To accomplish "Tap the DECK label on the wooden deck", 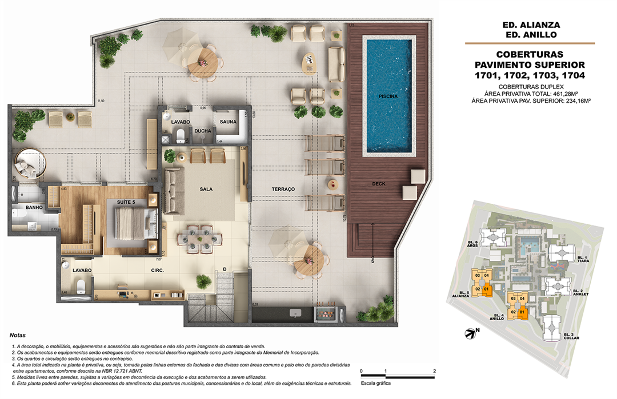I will coord(379,184).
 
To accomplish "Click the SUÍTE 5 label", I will coord(126,202).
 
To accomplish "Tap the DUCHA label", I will coord(202,131).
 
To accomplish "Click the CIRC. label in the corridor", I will coord(158,271).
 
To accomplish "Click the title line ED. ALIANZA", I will coord(531,25).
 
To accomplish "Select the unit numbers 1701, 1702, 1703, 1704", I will coord(531,75).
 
